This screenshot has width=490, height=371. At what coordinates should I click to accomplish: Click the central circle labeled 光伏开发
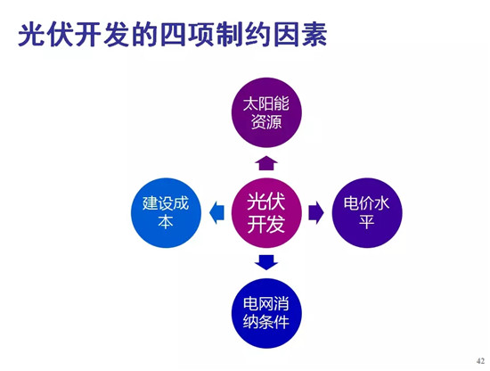266,213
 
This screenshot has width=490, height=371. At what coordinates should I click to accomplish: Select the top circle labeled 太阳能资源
266,112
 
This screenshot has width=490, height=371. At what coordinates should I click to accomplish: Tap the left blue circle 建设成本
166,213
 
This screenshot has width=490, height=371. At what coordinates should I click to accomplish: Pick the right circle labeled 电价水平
367,213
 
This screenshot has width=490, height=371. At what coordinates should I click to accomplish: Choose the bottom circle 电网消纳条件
266,313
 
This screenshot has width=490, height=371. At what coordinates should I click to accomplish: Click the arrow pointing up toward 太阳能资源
266,163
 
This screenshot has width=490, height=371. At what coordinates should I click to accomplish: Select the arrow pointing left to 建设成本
216,213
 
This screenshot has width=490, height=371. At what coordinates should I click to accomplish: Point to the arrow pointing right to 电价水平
316,213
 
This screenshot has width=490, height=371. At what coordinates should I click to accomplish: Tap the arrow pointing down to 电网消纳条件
266,263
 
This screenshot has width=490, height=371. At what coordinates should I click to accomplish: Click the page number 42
480,360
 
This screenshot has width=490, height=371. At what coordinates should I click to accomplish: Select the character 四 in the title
174,34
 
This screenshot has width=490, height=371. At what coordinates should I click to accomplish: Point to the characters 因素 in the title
300,34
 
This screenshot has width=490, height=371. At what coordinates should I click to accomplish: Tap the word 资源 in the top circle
266,121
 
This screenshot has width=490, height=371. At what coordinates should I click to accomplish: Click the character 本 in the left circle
166,222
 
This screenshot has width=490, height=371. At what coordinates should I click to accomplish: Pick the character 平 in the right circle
366,222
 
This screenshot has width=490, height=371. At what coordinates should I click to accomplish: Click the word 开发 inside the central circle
266,224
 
